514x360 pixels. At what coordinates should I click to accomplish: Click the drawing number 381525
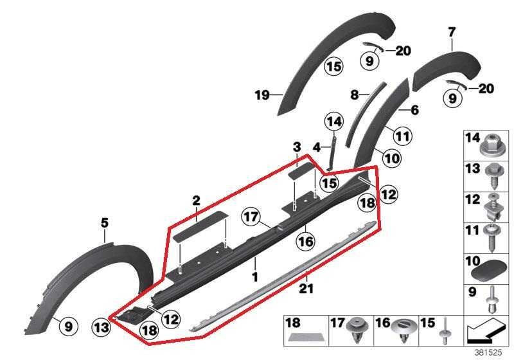(x=488, y=353)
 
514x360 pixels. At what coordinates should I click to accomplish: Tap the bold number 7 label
(x=452, y=32)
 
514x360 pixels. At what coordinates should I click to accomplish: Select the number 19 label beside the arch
(x=262, y=95)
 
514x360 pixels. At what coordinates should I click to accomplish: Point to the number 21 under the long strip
(x=306, y=289)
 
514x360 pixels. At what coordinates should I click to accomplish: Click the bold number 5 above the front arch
(x=104, y=223)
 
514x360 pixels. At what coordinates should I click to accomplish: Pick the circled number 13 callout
(x=102, y=327)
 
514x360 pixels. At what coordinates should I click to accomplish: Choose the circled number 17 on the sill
(x=251, y=217)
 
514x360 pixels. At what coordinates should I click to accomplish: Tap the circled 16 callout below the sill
(x=305, y=242)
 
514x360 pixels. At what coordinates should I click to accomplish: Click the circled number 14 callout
(x=334, y=122)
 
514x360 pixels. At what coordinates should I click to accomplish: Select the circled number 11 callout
(x=403, y=136)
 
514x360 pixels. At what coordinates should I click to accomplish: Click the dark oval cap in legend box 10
(x=490, y=273)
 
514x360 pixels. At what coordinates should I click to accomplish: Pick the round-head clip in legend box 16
(x=403, y=330)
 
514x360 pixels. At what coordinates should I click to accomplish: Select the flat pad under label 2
(x=199, y=226)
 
